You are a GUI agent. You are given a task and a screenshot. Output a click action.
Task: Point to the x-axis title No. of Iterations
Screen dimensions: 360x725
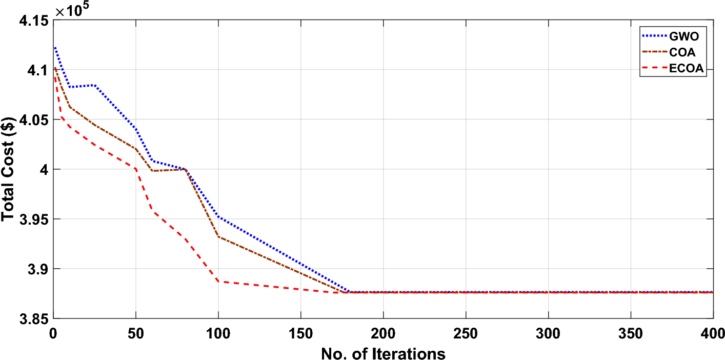pyautogui.click(x=382, y=353)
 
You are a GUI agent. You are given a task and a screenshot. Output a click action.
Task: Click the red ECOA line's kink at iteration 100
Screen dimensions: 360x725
pyautogui.click(x=218, y=281)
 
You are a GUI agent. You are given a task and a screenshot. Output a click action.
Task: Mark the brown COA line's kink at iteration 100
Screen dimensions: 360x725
pyautogui.click(x=218, y=236)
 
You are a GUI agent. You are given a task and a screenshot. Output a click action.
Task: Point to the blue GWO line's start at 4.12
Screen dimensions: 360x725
pyautogui.click(x=55, y=48)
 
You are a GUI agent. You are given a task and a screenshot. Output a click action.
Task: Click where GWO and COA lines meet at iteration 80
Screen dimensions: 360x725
pyautogui.click(x=185, y=169)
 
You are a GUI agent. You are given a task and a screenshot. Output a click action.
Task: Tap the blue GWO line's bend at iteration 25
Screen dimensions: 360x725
pyautogui.click(x=94, y=85)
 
